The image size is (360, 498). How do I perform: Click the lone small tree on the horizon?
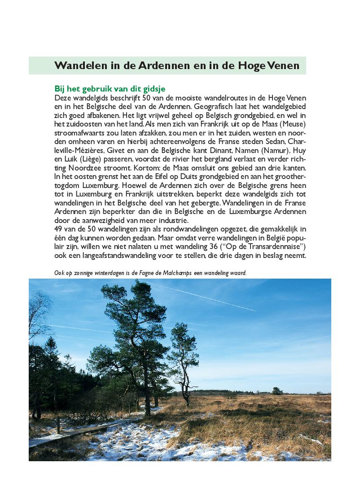click(x=277, y=390)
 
